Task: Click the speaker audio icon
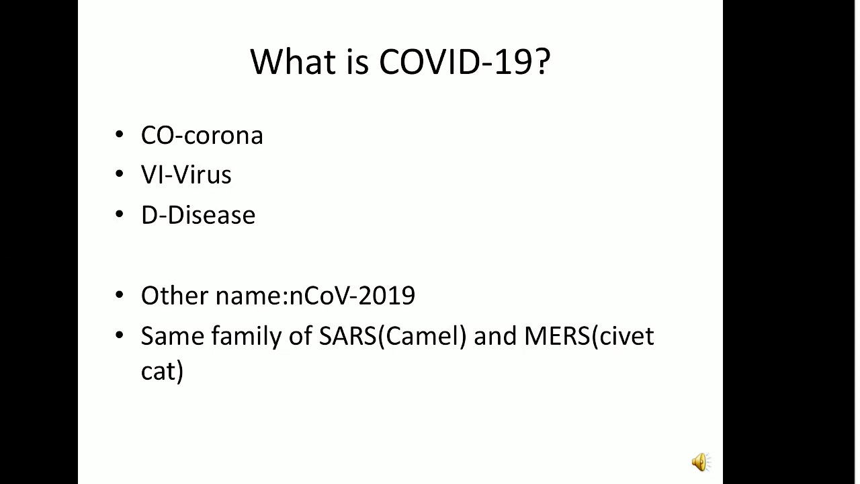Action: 700,462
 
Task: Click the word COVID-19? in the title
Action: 464,62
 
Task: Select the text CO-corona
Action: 202,135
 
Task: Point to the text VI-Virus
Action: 186,175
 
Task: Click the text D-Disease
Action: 198,215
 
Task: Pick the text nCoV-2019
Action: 352,295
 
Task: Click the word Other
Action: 174,295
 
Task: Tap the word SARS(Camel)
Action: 392,335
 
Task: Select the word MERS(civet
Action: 589,335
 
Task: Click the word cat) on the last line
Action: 162,371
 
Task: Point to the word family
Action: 246,335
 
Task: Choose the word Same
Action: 172,335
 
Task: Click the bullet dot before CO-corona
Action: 120,135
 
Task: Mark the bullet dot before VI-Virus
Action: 120,175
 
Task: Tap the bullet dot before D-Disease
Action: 120,215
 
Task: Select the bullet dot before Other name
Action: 120,295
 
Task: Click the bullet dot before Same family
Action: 120,335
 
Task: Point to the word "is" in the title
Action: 358,62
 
